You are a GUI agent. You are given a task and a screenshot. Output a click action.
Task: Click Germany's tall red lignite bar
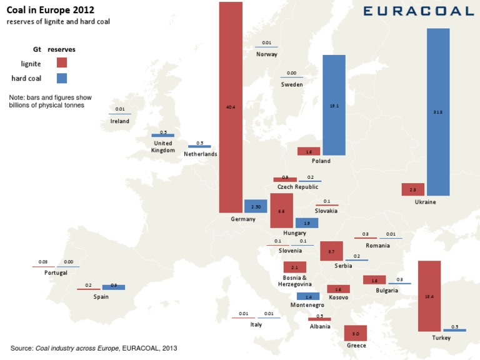tap(231, 107)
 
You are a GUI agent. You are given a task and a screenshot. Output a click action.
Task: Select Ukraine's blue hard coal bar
tap(438, 112)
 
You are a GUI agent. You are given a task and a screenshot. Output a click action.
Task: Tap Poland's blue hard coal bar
tap(334, 105)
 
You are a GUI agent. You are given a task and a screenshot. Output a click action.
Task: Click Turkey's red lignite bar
tap(429, 296)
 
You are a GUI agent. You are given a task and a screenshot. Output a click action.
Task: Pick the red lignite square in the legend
tap(62, 62)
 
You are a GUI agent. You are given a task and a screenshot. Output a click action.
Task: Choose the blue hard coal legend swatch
tap(62, 78)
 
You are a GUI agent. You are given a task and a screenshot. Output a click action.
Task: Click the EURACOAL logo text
tap(419, 11)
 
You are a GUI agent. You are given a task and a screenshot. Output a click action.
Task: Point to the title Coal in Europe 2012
tap(42, 10)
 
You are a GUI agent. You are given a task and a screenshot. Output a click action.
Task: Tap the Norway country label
tap(267, 54)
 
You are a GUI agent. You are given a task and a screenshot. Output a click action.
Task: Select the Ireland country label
tap(119, 121)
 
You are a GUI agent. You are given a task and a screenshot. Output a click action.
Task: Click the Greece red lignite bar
tap(355, 333)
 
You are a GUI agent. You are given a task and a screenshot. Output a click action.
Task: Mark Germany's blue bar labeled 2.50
tap(256, 206)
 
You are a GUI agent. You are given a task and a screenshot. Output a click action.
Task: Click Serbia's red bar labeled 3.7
tap(331, 251)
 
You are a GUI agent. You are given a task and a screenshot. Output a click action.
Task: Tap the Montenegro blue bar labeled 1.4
tap(308, 297)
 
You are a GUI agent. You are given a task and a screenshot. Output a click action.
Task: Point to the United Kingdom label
tap(162, 146)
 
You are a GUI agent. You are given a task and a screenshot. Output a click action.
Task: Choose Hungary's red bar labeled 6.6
tap(281, 211)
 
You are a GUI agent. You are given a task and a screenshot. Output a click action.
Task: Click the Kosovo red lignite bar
tap(338, 289)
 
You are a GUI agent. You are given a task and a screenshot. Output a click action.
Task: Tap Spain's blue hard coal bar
tap(114, 287)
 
